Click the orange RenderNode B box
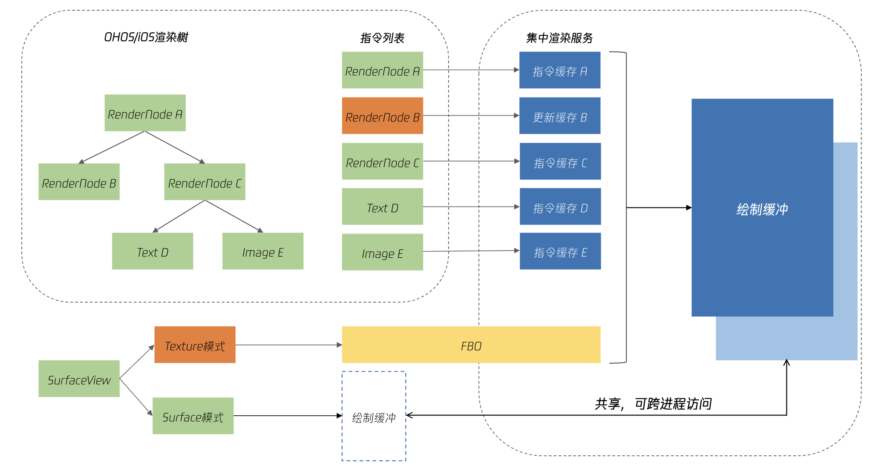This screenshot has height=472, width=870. tap(382, 116)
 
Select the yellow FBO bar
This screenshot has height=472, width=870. tap(471, 345)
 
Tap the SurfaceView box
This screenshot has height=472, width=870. tap(79, 379)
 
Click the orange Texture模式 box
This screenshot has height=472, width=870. tap(195, 345)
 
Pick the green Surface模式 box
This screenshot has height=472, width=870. tap(193, 416)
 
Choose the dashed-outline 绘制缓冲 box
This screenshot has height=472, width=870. tap(374, 416)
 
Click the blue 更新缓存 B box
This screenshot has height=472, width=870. tap(559, 116)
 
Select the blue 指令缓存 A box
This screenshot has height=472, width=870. tap(559, 70)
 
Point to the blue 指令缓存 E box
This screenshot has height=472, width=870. tap(560, 251)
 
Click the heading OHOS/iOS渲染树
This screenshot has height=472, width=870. tap(146, 37)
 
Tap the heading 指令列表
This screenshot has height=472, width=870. tap(382, 38)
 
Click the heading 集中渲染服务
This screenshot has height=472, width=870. tap(559, 38)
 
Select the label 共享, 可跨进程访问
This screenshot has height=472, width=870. tap(653, 403)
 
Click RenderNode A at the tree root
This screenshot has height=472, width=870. tap(145, 113)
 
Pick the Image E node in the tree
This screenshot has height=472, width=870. tap(262, 251)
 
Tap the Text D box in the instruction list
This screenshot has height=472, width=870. tap(382, 207)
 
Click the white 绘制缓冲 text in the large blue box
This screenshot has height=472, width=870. tap(762, 209)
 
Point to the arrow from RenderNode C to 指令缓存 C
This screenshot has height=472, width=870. tap(471, 161)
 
